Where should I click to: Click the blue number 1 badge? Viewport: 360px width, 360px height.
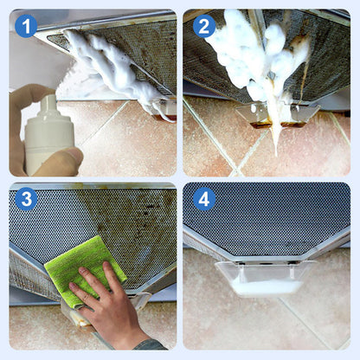click(26, 26)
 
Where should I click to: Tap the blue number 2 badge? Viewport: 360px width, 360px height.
click(204, 26)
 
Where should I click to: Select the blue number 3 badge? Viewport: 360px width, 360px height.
click(26, 200)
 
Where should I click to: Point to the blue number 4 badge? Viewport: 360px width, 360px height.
click(204, 200)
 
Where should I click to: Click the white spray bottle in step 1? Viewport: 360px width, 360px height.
click(48, 138)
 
